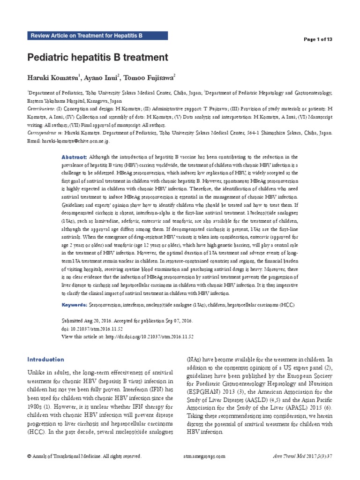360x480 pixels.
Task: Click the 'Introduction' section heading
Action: click(45, 360)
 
